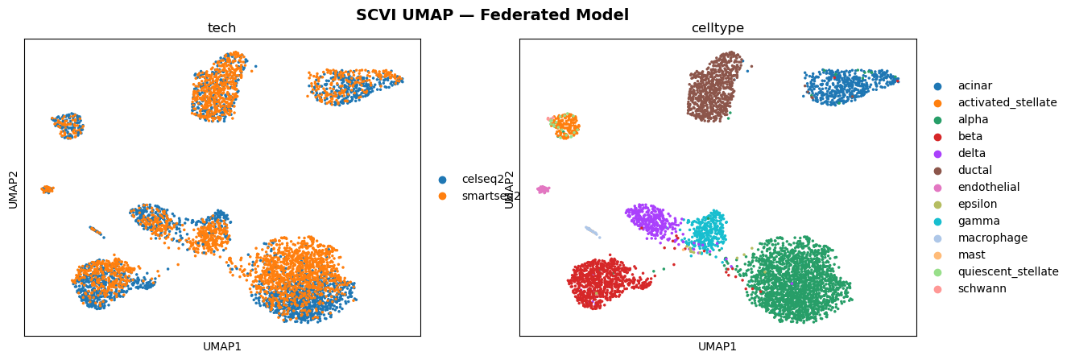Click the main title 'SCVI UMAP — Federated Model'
(x=492, y=14)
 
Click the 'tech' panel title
(x=221, y=28)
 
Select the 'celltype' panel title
(x=717, y=28)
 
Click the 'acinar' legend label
(x=974, y=85)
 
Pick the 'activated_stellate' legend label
(x=1007, y=102)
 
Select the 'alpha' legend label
(x=973, y=119)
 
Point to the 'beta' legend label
(x=970, y=136)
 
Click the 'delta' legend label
(x=971, y=153)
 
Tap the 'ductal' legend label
(x=974, y=170)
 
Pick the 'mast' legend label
(x=970, y=254)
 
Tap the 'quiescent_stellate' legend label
(x=1007, y=271)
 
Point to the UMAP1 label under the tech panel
(x=222, y=346)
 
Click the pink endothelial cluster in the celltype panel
(x=543, y=189)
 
